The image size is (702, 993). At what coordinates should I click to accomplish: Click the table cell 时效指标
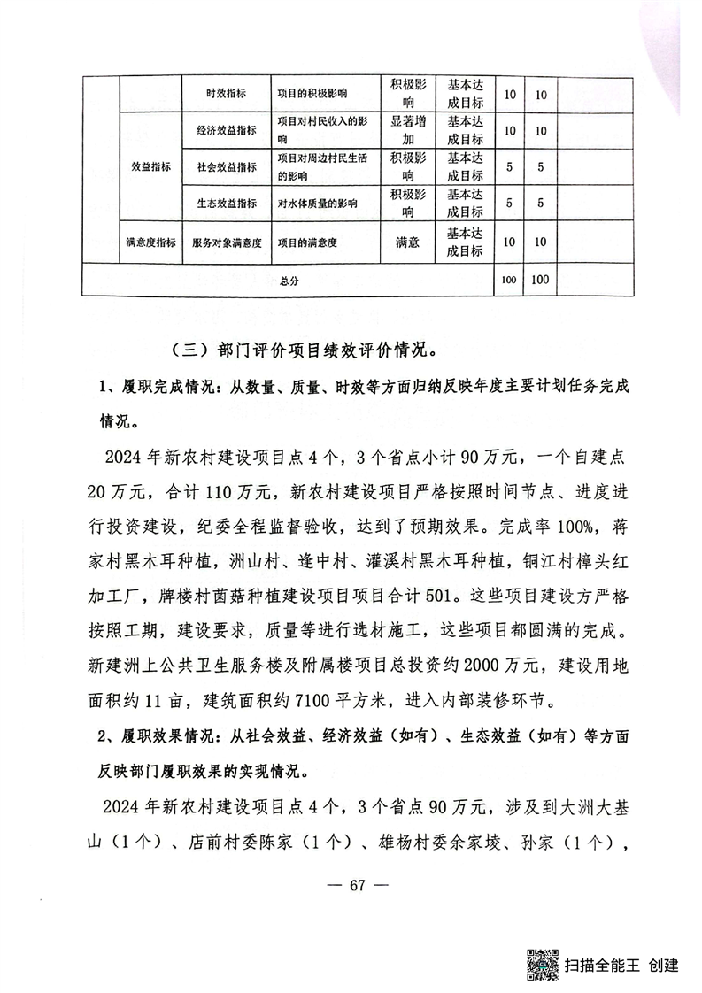pos(226,94)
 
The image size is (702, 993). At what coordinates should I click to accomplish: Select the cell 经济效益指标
pos(226,130)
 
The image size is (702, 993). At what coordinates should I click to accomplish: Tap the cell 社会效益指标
pos(226,166)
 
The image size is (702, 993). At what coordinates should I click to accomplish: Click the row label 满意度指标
pos(147,242)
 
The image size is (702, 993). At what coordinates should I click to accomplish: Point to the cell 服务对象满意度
pos(226,242)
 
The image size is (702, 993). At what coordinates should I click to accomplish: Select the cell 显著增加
pos(408,130)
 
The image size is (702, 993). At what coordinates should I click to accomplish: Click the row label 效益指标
pos(147,166)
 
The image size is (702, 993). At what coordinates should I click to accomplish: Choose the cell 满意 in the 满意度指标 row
pos(408,241)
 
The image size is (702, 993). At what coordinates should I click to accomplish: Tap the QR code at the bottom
pos(541,964)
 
